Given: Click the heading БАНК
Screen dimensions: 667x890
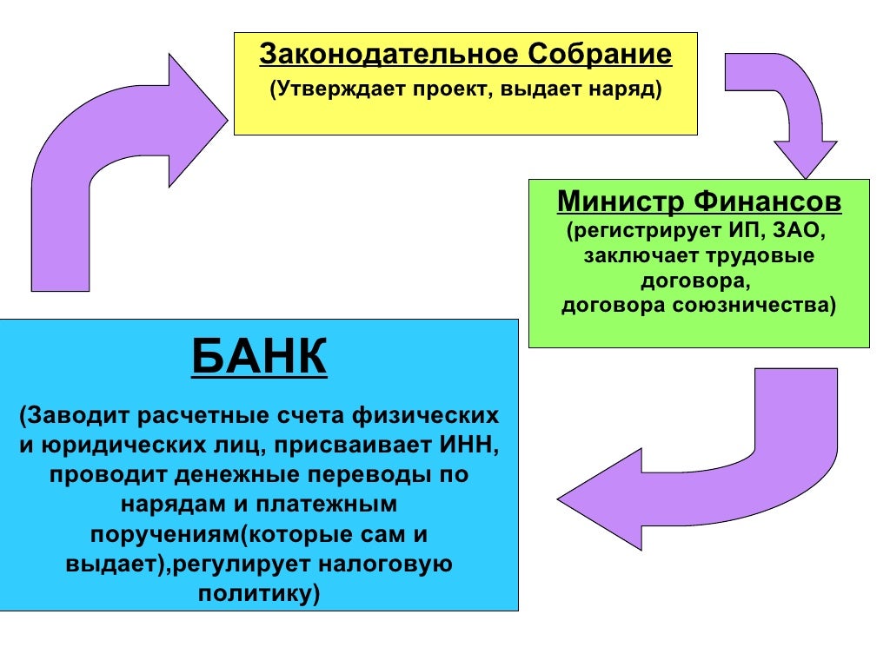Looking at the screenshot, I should pyautogui.click(x=259, y=357).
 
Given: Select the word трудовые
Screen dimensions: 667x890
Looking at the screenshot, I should pyautogui.click(x=761, y=257).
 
